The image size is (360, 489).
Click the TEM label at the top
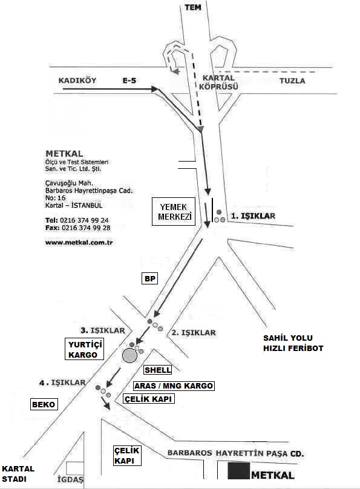193,7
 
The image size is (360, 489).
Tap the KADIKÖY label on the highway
77,80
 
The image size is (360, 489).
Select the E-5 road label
129,80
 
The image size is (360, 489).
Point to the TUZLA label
292,80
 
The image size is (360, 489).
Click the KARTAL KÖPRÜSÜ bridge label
218,82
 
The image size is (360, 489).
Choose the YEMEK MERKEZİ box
174,211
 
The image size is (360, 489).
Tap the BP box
150,278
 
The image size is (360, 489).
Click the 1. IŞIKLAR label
253,216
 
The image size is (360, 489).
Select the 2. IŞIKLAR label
194,333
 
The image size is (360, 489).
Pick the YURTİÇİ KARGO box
85,349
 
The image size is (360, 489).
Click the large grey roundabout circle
129,356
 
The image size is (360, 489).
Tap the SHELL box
158,370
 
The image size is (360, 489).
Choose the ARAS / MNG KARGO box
174,386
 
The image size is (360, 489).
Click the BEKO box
44,404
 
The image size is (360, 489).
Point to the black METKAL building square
239,471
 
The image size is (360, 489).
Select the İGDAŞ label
70,479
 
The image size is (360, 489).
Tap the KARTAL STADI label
18,474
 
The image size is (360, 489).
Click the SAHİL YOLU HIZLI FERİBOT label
293,343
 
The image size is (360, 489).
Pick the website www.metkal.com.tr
79,242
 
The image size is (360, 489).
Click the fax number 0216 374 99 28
86,228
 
